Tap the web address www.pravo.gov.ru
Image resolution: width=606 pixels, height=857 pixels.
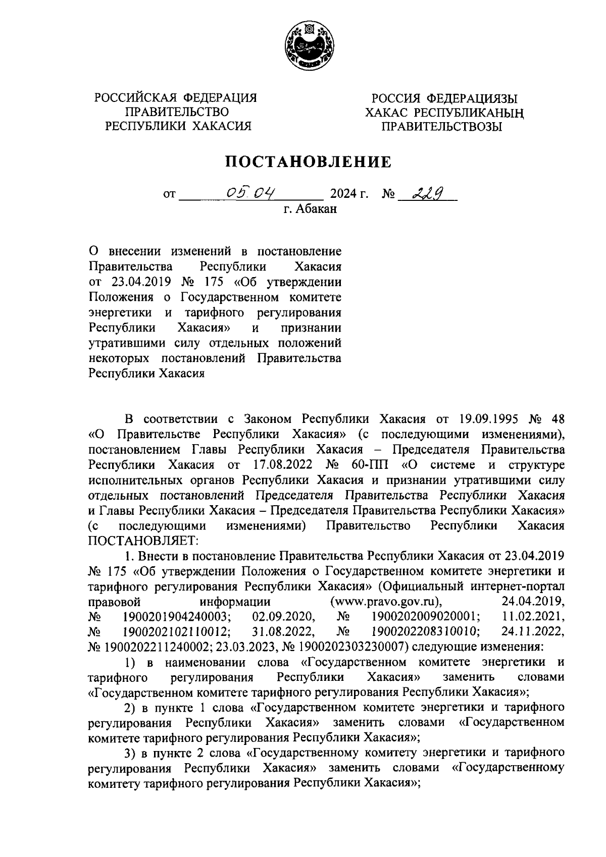click(x=385, y=602)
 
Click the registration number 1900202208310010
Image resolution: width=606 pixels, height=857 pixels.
click(x=425, y=631)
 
